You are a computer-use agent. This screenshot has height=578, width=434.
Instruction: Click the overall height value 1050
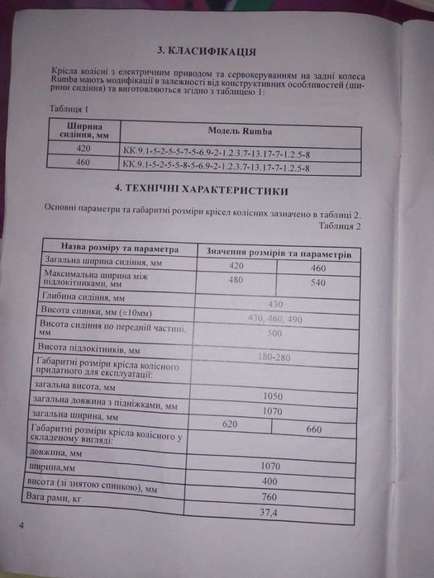273,396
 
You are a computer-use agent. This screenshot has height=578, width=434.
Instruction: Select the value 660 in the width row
314,429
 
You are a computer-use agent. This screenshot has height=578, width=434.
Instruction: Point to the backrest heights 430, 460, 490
275,318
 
